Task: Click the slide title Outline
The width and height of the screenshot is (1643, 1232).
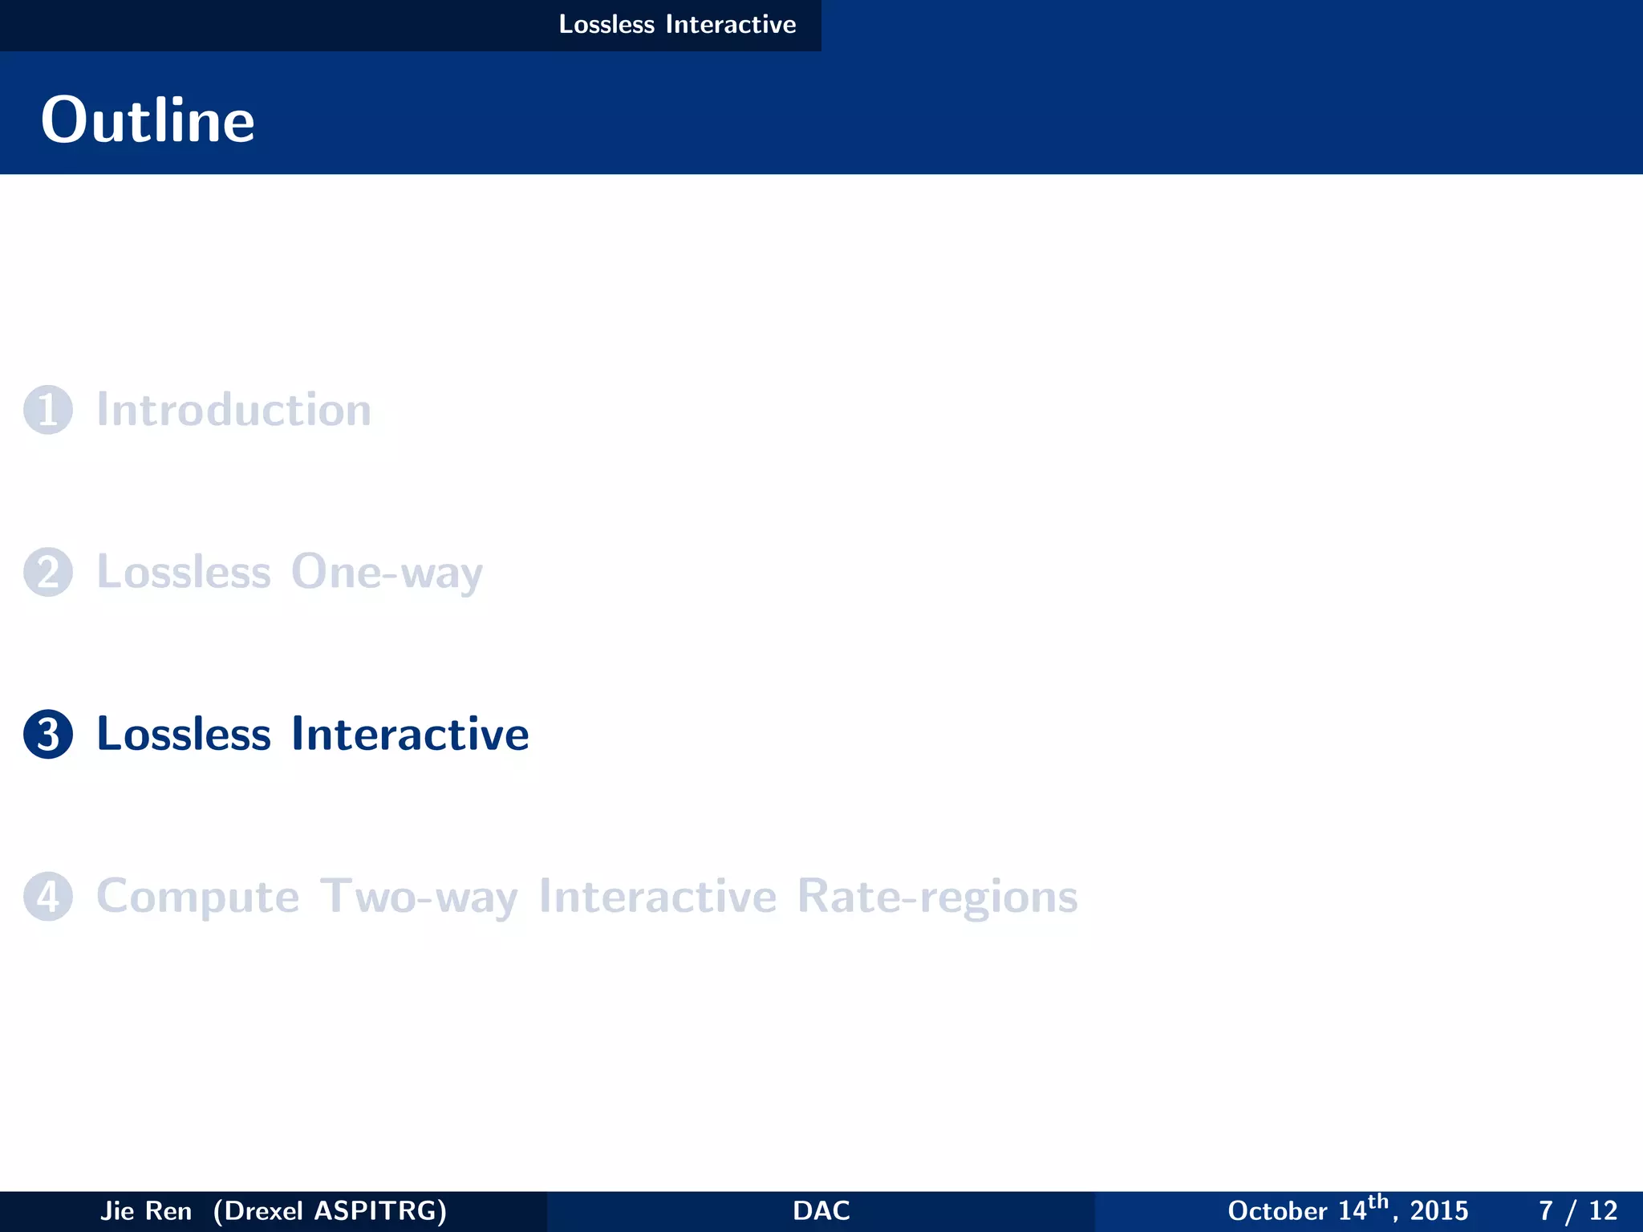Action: coord(148,120)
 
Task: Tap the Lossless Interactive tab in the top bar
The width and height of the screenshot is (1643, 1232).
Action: coord(677,25)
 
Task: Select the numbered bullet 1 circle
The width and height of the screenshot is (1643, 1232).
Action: coord(48,410)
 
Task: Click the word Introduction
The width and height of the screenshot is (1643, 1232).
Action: coord(233,410)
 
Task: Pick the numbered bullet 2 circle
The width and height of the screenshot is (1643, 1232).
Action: coord(48,572)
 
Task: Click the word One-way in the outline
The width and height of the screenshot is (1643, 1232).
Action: coord(387,573)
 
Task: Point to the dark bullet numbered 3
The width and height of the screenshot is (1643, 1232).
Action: coord(48,734)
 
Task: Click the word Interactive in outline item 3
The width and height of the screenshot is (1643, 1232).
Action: coord(410,734)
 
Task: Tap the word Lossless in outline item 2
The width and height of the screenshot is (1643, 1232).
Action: coord(184,573)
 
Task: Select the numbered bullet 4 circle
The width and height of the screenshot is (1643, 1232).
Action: coord(48,896)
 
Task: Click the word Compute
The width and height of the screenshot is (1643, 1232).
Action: coord(197,897)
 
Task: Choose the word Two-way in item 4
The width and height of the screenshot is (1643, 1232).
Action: coord(419,897)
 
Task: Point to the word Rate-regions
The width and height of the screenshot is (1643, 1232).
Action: coord(937,897)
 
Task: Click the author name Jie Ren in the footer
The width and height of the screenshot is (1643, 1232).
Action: coord(146,1210)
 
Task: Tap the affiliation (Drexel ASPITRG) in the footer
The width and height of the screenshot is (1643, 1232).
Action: coord(330,1210)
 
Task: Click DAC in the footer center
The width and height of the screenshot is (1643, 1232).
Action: coord(821,1210)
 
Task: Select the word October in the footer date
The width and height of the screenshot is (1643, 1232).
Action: coord(1277,1211)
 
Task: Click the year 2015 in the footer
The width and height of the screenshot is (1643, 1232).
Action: coord(1439,1211)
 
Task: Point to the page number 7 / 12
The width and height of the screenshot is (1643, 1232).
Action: coord(1577,1211)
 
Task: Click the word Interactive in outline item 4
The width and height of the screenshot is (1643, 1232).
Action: coord(658,897)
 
